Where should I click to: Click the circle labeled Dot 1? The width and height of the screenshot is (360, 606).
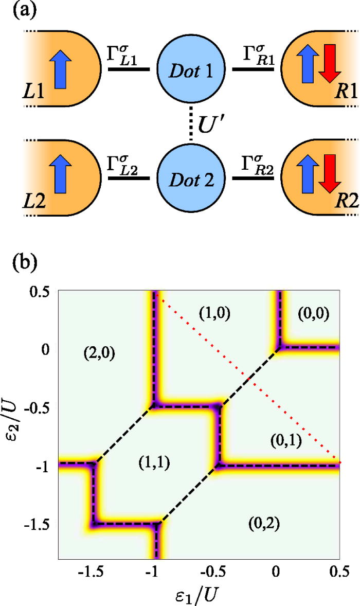[x=191, y=68]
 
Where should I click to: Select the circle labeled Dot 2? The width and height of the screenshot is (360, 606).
[x=191, y=178]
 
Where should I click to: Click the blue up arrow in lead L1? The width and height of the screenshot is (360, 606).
[x=61, y=66]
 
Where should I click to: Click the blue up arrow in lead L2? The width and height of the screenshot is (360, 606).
[x=61, y=176]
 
